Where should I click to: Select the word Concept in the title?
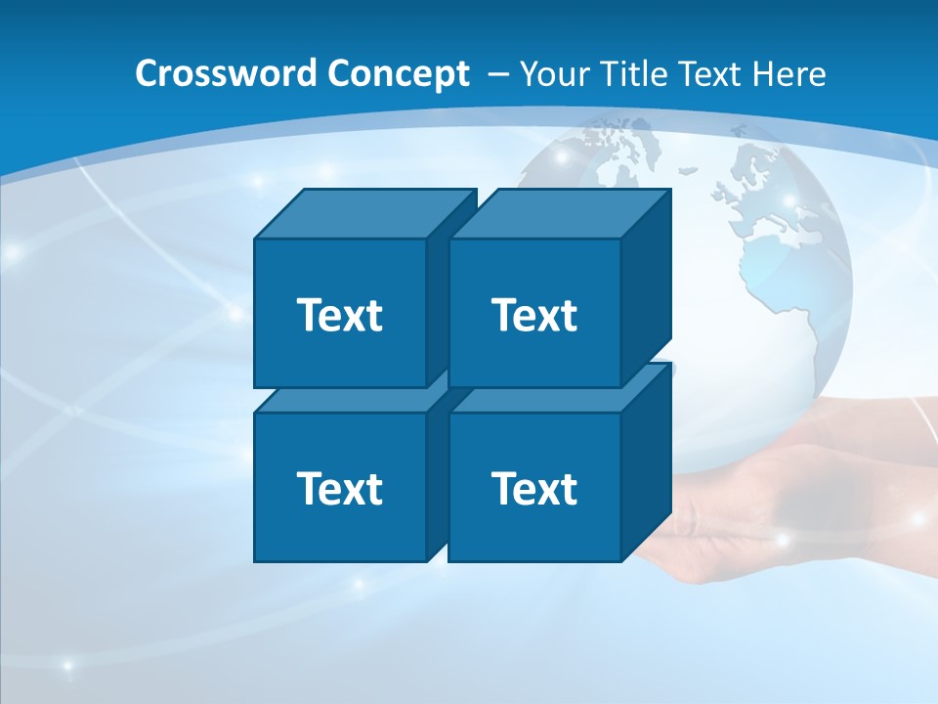tap(398, 73)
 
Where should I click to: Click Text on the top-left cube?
tap(339, 315)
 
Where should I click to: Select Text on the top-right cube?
tap(533, 315)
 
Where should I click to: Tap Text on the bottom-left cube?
tap(339, 488)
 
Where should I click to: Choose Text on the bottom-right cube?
tap(533, 488)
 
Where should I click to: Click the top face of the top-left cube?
tap(363, 214)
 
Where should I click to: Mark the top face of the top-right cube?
tap(559, 214)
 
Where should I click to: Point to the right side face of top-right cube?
tap(646, 288)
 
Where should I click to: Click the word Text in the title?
tap(711, 73)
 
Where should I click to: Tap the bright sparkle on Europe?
tap(789, 201)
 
